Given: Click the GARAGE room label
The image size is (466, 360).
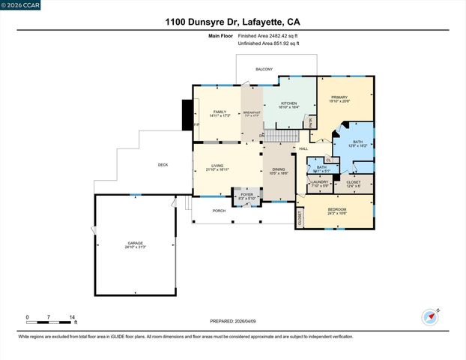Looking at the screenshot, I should coord(135,244).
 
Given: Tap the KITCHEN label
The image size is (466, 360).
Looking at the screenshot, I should coord(289,103).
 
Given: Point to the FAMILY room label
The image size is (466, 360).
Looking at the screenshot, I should coord(220,112).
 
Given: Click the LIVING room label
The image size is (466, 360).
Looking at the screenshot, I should coord(217,166).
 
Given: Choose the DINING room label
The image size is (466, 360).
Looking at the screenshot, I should coord(279,169).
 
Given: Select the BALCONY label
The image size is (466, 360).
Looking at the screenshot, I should coord(264,69).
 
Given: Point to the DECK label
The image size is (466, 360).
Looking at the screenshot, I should coord(163,165).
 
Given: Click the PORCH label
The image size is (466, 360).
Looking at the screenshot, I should coord(219,211).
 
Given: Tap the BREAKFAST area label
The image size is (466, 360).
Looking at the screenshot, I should coord(251,112).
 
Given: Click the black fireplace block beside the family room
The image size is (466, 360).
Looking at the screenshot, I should coord(187,114).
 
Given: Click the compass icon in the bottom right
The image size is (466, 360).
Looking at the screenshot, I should coord(429,316).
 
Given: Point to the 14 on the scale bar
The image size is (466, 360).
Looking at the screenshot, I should coord(73,318).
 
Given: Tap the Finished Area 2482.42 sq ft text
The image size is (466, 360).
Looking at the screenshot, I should coord(268,36).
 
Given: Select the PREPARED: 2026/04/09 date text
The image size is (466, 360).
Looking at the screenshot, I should coord(232,321).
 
